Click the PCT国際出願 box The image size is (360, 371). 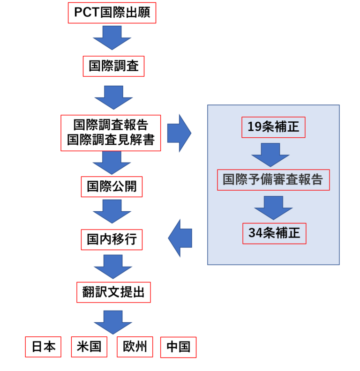(x=112, y=13)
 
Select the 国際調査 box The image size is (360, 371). (x=113, y=66)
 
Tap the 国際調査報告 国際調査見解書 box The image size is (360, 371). (x=111, y=133)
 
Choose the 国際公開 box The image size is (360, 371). (x=112, y=186)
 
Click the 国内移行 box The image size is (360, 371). (x=112, y=239)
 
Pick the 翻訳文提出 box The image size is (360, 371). (x=113, y=293)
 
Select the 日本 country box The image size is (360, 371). (x=43, y=347)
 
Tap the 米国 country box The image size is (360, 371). (x=89, y=347)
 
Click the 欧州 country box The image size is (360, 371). (x=135, y=347)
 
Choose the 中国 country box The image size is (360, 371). (x=178, y=347)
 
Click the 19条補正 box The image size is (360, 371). (x=273, y=127)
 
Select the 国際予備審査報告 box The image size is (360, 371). (x=273, y=180)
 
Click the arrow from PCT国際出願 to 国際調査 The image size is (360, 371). (x=112, y=37)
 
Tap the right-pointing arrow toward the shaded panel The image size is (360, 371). (x=179, y=133)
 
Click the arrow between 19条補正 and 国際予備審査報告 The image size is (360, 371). (x=270, y=154)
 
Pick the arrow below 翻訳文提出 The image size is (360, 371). (x=113, y=321)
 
